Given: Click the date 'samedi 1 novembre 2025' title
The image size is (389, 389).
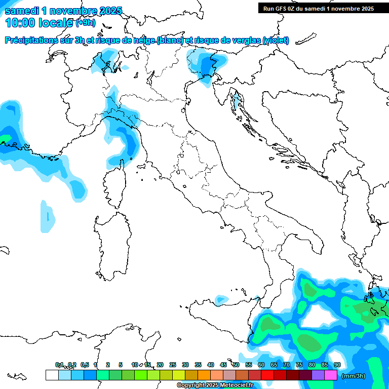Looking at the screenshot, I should [x=63, y=11].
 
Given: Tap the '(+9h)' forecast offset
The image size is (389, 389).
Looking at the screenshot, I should [x=85, y=23].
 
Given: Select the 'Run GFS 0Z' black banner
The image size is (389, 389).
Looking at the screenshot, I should [x=318, y=8].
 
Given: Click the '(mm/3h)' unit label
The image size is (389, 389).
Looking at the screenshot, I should [x=353, y=376].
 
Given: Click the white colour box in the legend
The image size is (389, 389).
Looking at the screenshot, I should [x=52, y=375].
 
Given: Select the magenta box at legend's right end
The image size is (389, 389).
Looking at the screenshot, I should [x=331, y=375].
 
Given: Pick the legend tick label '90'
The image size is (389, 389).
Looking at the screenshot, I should [x=337, y=365].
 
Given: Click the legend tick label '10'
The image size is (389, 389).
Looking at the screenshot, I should [x=135, y=365].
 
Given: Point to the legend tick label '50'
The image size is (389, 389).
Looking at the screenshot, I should [x=236, y=365].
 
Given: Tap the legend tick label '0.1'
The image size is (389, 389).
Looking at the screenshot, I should [x=59, y=365].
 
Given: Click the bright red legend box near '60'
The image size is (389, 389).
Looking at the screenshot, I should [x=267, y=375].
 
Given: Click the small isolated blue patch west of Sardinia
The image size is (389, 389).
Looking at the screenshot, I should [x=47, y=217].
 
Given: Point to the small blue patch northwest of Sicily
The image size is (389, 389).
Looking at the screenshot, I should [x=221, y=300].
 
